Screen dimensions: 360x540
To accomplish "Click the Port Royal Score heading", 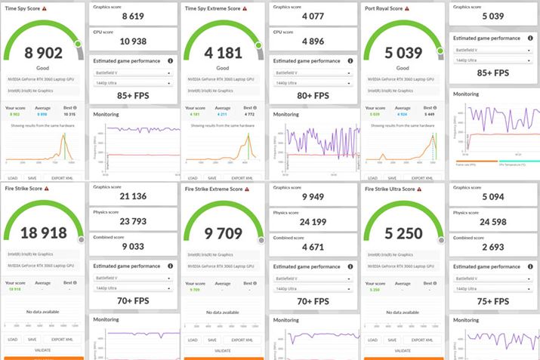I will (x=387, y=9).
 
